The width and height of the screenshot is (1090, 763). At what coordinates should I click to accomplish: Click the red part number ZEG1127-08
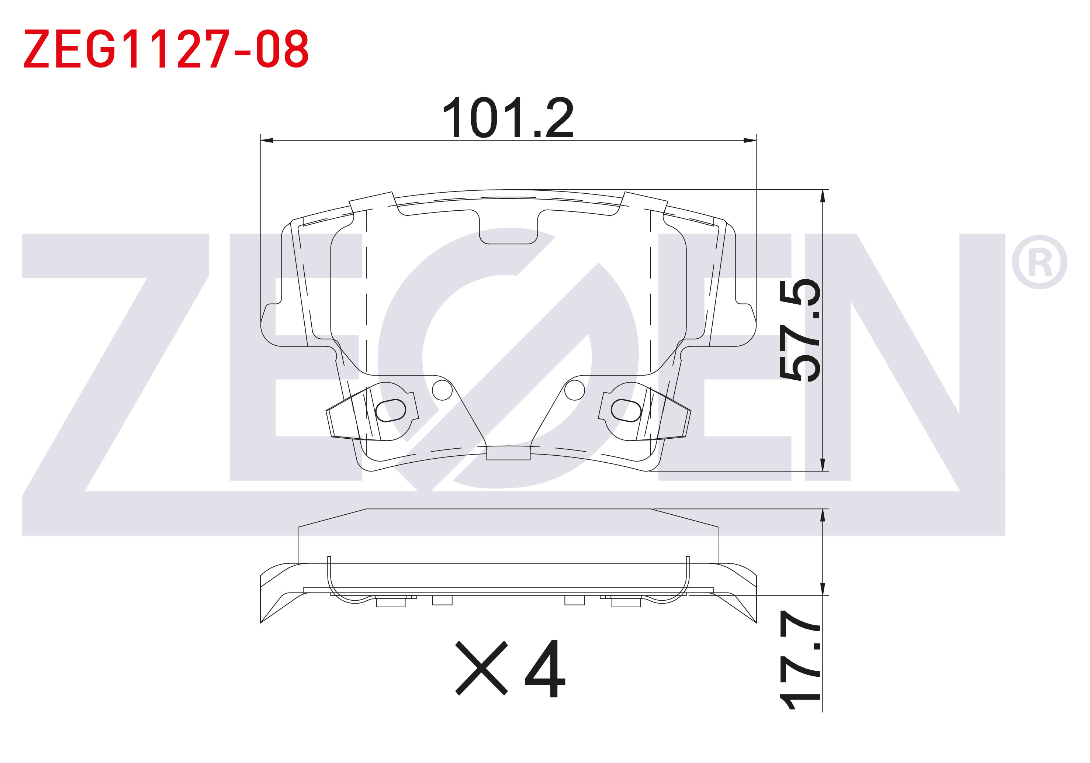166,48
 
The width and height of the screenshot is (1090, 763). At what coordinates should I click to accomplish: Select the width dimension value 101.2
508,117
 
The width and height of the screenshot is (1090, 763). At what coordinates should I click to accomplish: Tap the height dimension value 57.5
800,330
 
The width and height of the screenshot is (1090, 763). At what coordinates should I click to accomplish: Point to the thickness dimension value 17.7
800,660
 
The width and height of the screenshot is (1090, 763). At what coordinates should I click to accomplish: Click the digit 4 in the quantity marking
546,669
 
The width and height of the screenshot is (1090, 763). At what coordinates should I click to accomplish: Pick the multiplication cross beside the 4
481,669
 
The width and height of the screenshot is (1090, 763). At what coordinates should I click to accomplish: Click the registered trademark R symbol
1040,262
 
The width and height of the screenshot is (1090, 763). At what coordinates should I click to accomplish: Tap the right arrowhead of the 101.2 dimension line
750,141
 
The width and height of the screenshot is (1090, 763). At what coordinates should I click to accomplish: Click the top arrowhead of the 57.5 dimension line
823,196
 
